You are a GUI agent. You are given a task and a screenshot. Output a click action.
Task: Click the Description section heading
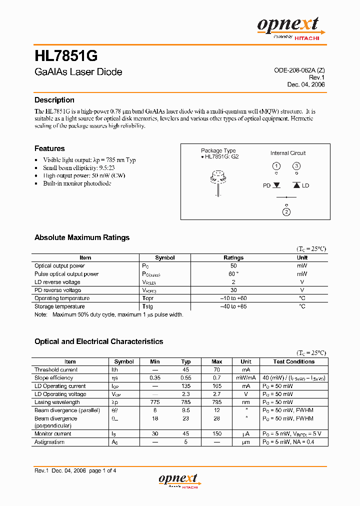[54, 100]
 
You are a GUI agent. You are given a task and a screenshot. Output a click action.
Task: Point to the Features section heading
[49, 148]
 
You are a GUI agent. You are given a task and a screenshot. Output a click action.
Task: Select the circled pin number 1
[276, 166]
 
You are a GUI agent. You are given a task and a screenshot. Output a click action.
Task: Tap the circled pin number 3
[296, 166]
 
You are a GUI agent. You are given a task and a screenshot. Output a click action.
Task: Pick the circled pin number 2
[286, 212]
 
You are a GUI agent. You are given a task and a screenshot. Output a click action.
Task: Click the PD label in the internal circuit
[266, 185]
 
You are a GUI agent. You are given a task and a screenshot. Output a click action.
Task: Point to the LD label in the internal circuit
[305, 185]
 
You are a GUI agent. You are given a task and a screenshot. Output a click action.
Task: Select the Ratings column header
[233, 258]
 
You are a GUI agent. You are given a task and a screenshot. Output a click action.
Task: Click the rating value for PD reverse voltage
[233, 290]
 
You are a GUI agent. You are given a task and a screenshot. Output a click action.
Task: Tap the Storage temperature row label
[59, 306]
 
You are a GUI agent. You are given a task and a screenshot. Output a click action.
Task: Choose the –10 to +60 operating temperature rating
[233, 298]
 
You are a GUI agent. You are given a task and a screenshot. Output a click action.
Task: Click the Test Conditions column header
[294, 361]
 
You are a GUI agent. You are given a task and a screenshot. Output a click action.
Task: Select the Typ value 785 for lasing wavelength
[186, 402]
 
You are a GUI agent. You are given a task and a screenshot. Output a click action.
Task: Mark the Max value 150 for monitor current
[217, 434]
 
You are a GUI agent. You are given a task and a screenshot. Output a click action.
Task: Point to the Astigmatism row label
[49, 442]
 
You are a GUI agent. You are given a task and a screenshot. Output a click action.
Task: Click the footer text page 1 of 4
[102, 470]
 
